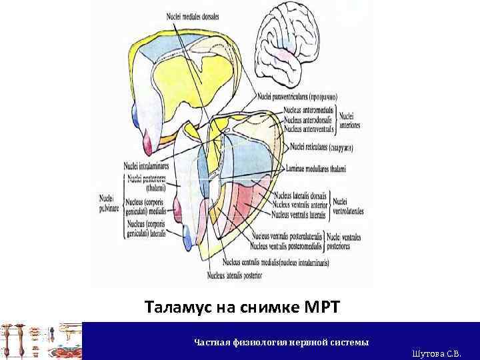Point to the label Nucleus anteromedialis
309,109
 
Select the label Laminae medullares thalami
316,169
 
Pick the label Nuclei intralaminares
146,165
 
